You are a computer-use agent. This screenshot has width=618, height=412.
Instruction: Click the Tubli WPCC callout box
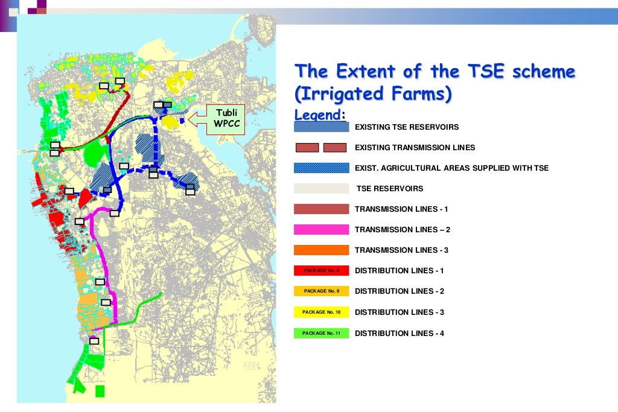226,118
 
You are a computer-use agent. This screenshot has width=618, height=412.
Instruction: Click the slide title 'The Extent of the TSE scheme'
435,72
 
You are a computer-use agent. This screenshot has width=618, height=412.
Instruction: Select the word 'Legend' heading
317,114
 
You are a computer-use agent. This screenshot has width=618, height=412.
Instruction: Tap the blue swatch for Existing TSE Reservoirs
321,127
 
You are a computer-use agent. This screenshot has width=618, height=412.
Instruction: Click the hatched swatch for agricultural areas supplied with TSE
321,168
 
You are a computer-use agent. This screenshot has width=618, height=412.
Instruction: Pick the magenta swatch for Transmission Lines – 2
321,230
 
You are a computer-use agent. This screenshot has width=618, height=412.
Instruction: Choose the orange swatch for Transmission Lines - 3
321,250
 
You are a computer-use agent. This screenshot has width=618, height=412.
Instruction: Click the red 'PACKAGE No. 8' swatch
321,271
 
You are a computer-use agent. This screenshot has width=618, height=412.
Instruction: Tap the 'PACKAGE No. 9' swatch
321,291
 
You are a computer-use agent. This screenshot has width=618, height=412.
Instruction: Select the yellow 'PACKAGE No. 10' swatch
321,312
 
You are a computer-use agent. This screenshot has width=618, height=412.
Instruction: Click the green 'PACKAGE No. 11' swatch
321,333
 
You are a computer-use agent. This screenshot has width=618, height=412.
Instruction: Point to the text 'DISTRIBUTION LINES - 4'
400,333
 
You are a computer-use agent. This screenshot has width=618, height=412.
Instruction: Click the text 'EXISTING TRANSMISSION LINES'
415,148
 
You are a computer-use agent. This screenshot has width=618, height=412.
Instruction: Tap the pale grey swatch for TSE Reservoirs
321,189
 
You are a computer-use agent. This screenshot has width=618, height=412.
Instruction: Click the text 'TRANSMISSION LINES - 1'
401,209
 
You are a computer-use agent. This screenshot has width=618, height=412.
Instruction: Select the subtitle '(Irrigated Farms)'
373,94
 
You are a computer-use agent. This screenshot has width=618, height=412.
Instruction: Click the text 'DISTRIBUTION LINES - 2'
400,291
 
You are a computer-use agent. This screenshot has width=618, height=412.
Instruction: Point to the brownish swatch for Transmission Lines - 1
321,209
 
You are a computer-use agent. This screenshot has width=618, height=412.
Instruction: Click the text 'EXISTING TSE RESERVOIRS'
406,127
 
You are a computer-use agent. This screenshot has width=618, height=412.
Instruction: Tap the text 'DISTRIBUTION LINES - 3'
400,312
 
